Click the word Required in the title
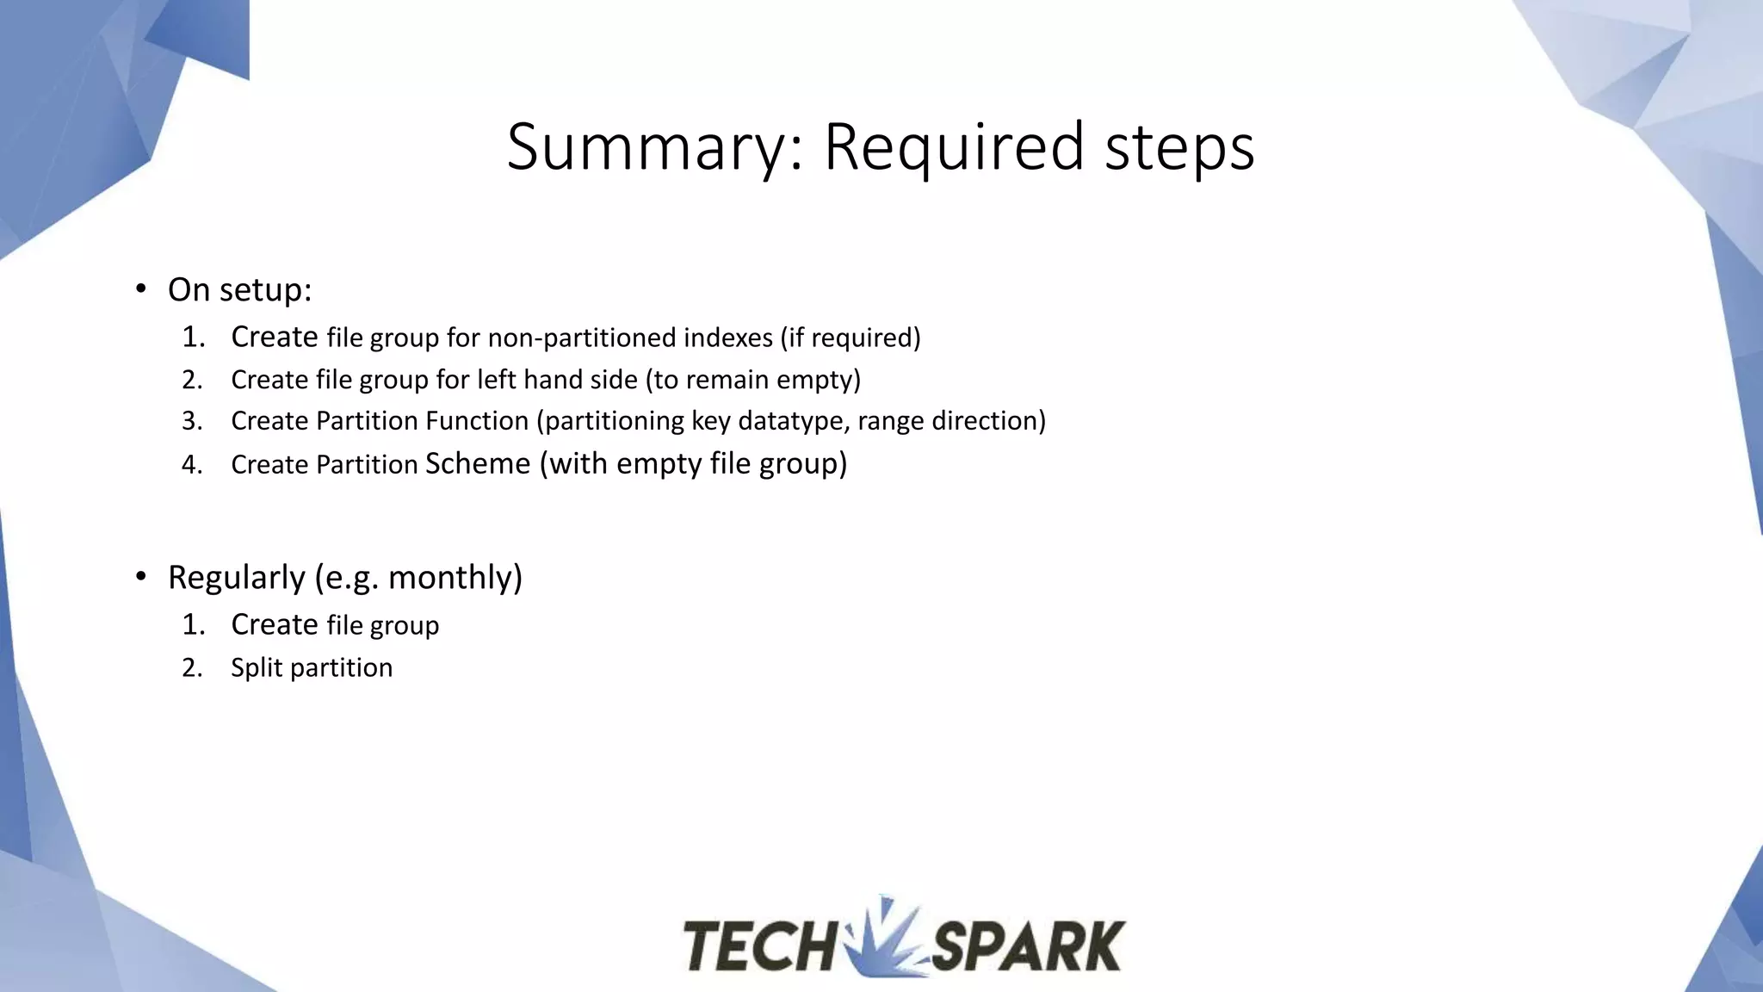(954, 147)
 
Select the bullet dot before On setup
(141, 288)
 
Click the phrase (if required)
(851, 338)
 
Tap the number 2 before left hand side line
(191, 380)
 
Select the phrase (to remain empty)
(753, 380)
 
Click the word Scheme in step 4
(478, 463)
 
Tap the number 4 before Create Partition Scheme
(191, 465)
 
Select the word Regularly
(237, 577)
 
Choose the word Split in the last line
(257, 668)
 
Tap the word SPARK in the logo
(1029, 946)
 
